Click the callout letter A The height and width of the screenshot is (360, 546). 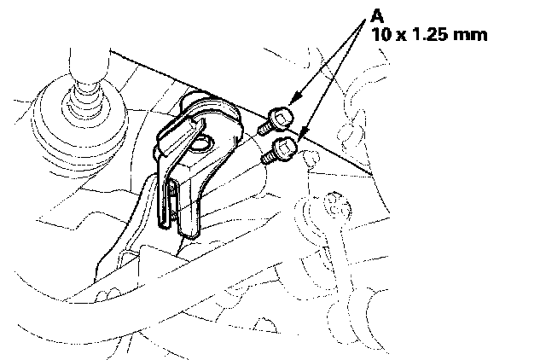click(375, 16)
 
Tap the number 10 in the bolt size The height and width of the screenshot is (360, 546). click(381, 36)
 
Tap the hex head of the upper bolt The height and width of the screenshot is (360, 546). click(282, 115)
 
